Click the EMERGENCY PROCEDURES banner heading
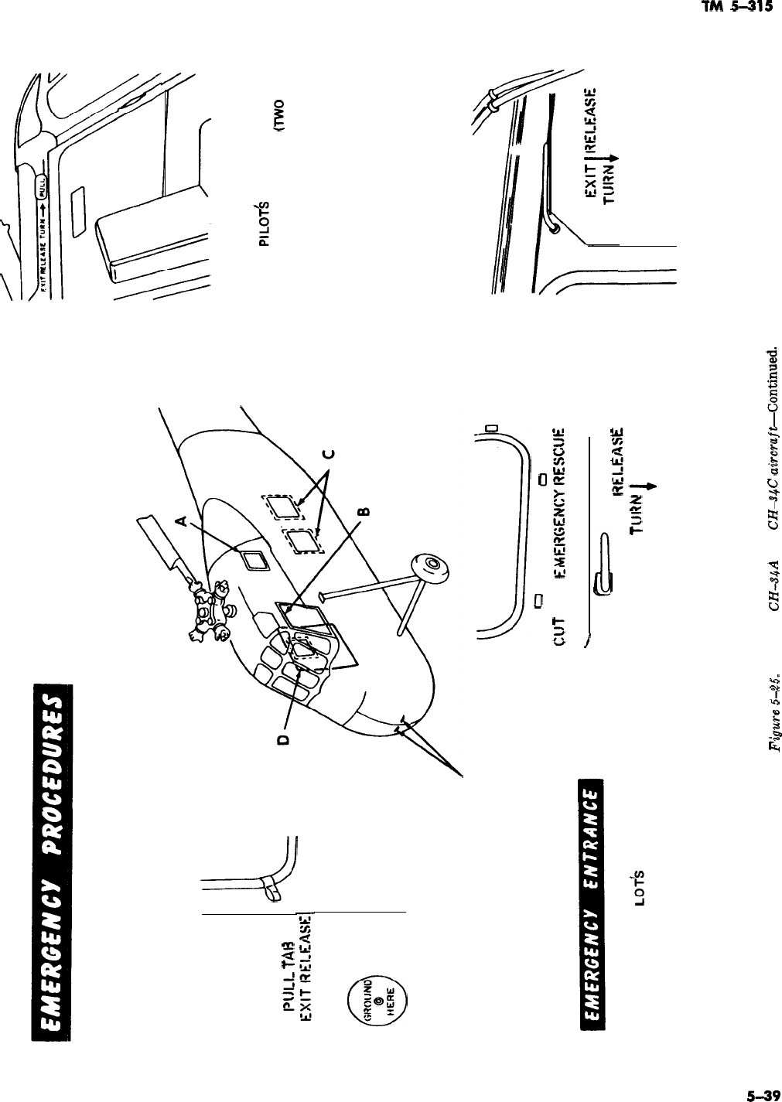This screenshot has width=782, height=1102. [x=53, y=858]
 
